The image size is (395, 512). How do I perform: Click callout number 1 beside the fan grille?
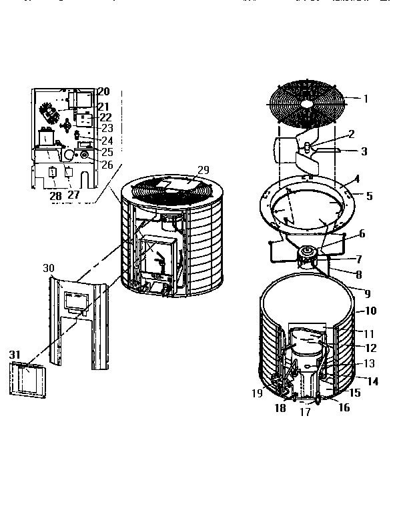[365, 99]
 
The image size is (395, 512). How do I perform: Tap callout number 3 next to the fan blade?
[364, 151]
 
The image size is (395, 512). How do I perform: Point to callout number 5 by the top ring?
[370, 196]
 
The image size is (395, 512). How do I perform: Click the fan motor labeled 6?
[309, 252]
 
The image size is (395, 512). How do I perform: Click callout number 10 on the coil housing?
[371, 311]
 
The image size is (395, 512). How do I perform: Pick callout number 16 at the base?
[344, 408]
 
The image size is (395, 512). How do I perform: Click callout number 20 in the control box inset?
[104, 91]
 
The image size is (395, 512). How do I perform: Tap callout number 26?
[107, 164]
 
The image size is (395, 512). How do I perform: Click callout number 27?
[74, 196]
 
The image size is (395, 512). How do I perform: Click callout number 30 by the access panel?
[49, 267]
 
